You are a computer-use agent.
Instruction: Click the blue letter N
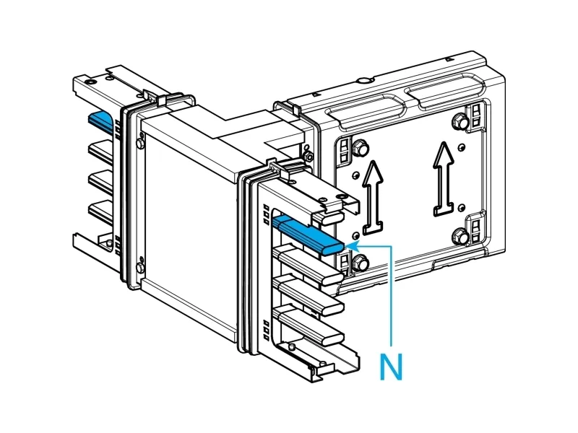391,366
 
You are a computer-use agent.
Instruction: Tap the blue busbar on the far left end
100,121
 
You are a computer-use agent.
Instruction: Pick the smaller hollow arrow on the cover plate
374,197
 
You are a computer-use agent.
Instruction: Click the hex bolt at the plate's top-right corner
460,121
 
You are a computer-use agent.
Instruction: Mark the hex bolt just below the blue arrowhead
359,263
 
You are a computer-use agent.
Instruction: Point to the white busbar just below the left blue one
101,150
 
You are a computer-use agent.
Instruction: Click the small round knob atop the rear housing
366,80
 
